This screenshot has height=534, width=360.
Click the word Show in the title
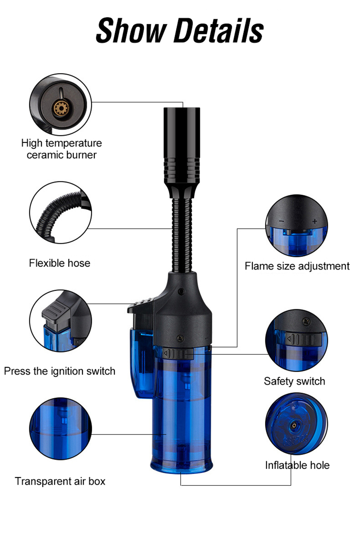pyautogui.click(x=131, y=31)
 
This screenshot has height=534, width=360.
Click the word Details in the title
pyautogui.click(x=219, y=31)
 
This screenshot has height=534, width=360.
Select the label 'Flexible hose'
pyautogui.click(x=60, y=263)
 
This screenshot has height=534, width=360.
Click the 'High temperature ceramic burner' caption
pyautogui.click(x=62, y=149)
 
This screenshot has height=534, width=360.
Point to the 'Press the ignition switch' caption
pyautogui.click(x=60, y=371)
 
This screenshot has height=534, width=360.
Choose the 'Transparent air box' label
pyautogui.click(x=60, y=481)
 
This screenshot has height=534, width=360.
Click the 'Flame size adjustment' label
pyautogui.click(x=297, y=266)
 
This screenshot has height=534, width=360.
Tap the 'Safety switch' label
pyautogui.click(x=294, y=381)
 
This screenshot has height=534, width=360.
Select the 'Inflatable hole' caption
pyautogui.click(x=297, y=465)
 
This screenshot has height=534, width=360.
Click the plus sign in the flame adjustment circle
pyautogui.click(x=315, y=221)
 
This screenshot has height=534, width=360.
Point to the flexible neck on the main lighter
pyautogui.click(x=182, y=236)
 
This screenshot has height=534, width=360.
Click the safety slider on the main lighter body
pyautogui.click(x=178, y=353)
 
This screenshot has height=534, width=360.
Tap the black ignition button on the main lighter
pyautogui.click(x=140, y=306)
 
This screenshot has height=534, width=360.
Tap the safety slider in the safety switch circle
pyautogui.click(x=303, y=339)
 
